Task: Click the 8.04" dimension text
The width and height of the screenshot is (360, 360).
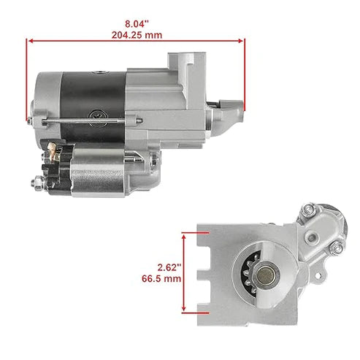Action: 137,23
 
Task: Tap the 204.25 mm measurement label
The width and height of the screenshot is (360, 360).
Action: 137,34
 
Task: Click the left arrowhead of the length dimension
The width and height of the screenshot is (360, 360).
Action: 30,41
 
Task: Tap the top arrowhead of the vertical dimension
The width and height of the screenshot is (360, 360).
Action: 183,234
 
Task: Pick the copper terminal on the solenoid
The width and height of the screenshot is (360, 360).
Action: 53,150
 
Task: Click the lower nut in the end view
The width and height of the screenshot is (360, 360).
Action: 337,250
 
